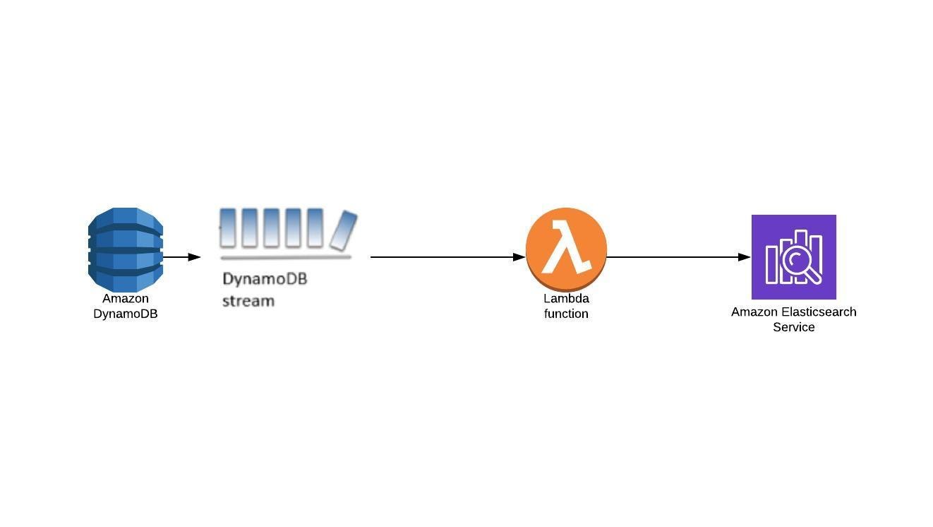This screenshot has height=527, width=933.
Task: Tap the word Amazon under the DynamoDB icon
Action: point(126,299)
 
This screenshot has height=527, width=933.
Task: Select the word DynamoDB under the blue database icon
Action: point(126,314)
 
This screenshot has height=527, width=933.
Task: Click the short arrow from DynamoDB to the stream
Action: point(181,257)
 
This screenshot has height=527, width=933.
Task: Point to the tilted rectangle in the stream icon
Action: point(344,230)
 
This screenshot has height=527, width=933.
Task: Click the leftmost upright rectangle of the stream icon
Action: point(227,227)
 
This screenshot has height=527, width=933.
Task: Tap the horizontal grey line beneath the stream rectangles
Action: point(286,257)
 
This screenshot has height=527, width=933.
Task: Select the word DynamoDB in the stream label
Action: point(265,279)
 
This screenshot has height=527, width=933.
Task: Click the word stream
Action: point(248,301)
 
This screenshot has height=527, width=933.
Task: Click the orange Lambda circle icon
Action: point(566,249)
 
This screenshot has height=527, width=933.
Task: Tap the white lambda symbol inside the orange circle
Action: point(566,247)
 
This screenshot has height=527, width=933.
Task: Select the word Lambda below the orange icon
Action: point(566,299)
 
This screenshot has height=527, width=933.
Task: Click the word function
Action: point(566,314)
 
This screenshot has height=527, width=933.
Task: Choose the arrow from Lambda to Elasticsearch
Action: point(678,257)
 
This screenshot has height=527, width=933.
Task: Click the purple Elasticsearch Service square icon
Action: point(793,257)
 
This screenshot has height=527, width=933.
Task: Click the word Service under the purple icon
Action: point(793,327)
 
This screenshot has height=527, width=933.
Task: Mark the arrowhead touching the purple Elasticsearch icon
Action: point(745,257)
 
